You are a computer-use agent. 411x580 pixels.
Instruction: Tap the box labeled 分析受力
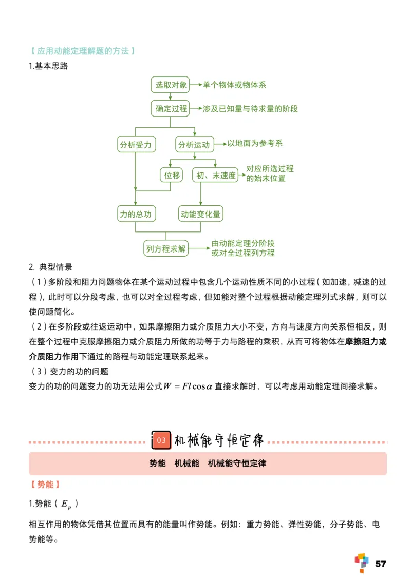pos(136,145)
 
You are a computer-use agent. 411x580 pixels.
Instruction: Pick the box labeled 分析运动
pos(194,145)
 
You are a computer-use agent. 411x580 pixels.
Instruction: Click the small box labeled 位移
pos(172,176)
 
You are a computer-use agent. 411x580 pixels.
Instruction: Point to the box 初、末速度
pos(216,176)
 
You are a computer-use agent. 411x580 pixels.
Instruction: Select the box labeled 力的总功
pos(136,214)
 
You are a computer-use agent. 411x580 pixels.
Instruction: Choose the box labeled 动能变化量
pos(200,214)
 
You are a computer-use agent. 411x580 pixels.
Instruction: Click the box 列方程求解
pos(165,249)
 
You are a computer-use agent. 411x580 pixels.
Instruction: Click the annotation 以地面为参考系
pos(255,143)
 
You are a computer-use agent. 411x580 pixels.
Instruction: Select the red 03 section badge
pos(161,440)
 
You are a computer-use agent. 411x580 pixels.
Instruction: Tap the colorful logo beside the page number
pos(362,563)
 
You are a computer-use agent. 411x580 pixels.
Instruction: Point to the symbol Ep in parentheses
pos(67,505)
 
